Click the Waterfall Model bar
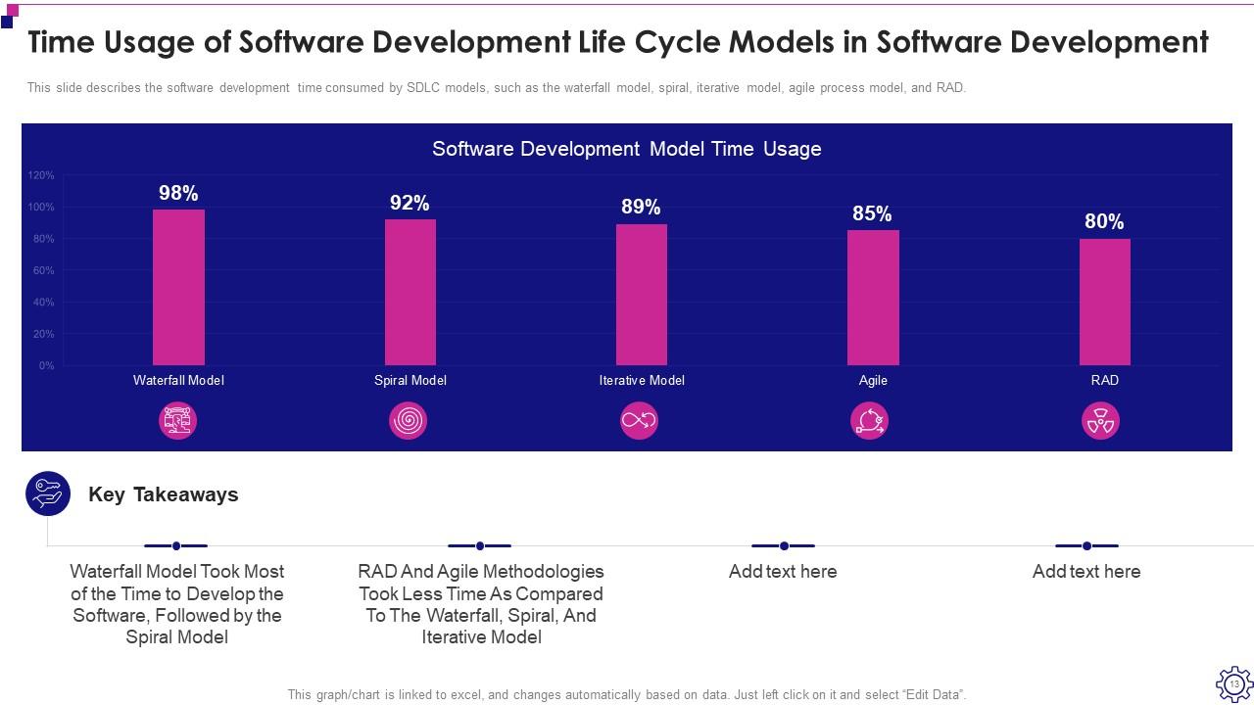[178, 287]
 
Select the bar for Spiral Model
[410, 292]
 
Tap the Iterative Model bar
[642, 294]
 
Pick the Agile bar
[873, 298]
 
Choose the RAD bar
[1104, 302]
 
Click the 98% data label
[178, 193]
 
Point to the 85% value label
[872, 213]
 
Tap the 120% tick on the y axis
[41, 175]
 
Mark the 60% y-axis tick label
[44, 270]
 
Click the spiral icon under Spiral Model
[409, 421]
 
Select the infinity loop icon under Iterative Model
[639, 421]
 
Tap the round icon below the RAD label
[1100, 421]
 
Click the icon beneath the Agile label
[869, 421]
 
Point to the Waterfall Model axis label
[178, 380]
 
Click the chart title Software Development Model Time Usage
[626, 149]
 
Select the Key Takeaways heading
[164, 494]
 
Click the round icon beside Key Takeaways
[48, 493]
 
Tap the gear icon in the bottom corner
[1233, 682]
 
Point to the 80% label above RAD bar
[1104, 221]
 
